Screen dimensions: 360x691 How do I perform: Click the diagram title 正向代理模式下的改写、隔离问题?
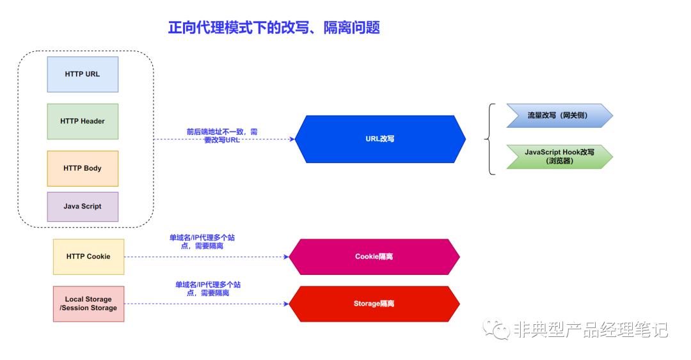[x=274, y=27]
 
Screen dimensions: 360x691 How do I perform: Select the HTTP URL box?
[x=83, y=74]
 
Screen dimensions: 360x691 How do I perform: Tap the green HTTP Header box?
[x=83, y=121]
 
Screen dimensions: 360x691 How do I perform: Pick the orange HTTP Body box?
[x=83, y=169]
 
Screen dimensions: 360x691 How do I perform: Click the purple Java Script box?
[x=83, y=207]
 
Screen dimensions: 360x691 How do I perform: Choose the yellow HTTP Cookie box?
[x=88, y=257]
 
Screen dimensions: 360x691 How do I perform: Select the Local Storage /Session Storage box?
[x=88, y=304]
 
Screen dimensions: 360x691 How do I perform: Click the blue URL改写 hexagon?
[x=380, y=139]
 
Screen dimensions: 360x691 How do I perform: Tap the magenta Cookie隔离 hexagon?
[x=374, y=257]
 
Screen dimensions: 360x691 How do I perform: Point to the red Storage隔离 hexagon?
[x=374, y=304]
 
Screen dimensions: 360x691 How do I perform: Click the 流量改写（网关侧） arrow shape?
[x=557, y=116]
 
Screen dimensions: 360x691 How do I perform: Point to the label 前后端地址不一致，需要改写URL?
[x=222, y=136]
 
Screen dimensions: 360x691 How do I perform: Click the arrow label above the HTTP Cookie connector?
[x=206, y=242]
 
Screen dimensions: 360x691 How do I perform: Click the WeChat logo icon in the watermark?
[x=496, y=329]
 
